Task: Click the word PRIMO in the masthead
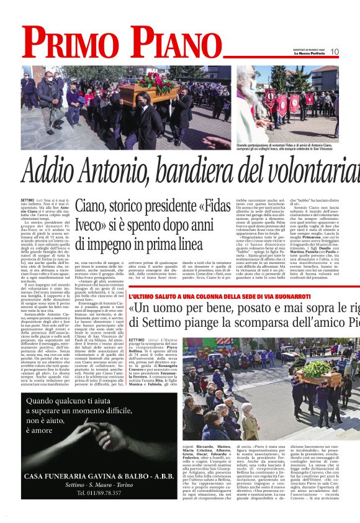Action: coord(74,44)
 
